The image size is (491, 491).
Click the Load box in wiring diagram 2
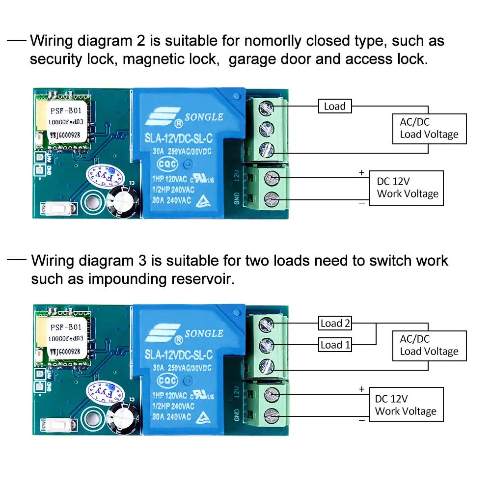coord(335,106)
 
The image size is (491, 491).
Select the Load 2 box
coord(335,323)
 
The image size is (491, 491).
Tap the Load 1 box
coord(335,345)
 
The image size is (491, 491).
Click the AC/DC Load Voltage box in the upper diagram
coord(429,129)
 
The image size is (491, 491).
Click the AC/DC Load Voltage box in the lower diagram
coord(429,345)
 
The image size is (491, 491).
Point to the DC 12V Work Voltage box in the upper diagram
coord(407,188)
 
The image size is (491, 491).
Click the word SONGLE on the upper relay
coord(204,117)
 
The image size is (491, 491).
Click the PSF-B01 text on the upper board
coord(65,111)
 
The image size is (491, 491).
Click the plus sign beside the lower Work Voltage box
coord(362,389)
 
